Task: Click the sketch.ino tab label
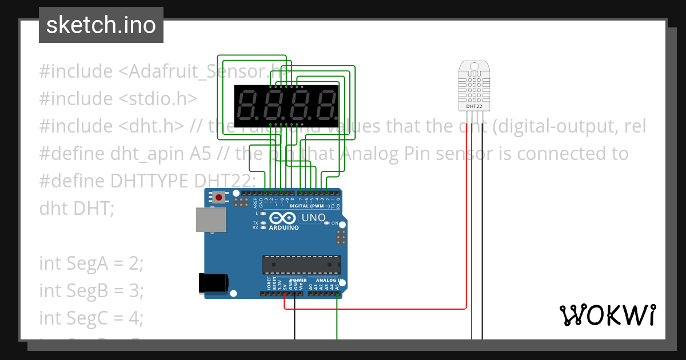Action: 101,25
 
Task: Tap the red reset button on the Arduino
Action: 218,198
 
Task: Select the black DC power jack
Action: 213,283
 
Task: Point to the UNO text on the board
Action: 313,218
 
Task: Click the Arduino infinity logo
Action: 282,218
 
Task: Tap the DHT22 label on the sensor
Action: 473,106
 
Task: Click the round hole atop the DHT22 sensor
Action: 473,66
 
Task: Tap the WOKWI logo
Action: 607,315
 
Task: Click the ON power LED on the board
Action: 328,223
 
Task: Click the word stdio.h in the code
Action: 158,98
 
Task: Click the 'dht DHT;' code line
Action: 77,208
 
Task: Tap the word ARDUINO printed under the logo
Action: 284,227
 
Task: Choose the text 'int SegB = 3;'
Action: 91,290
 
